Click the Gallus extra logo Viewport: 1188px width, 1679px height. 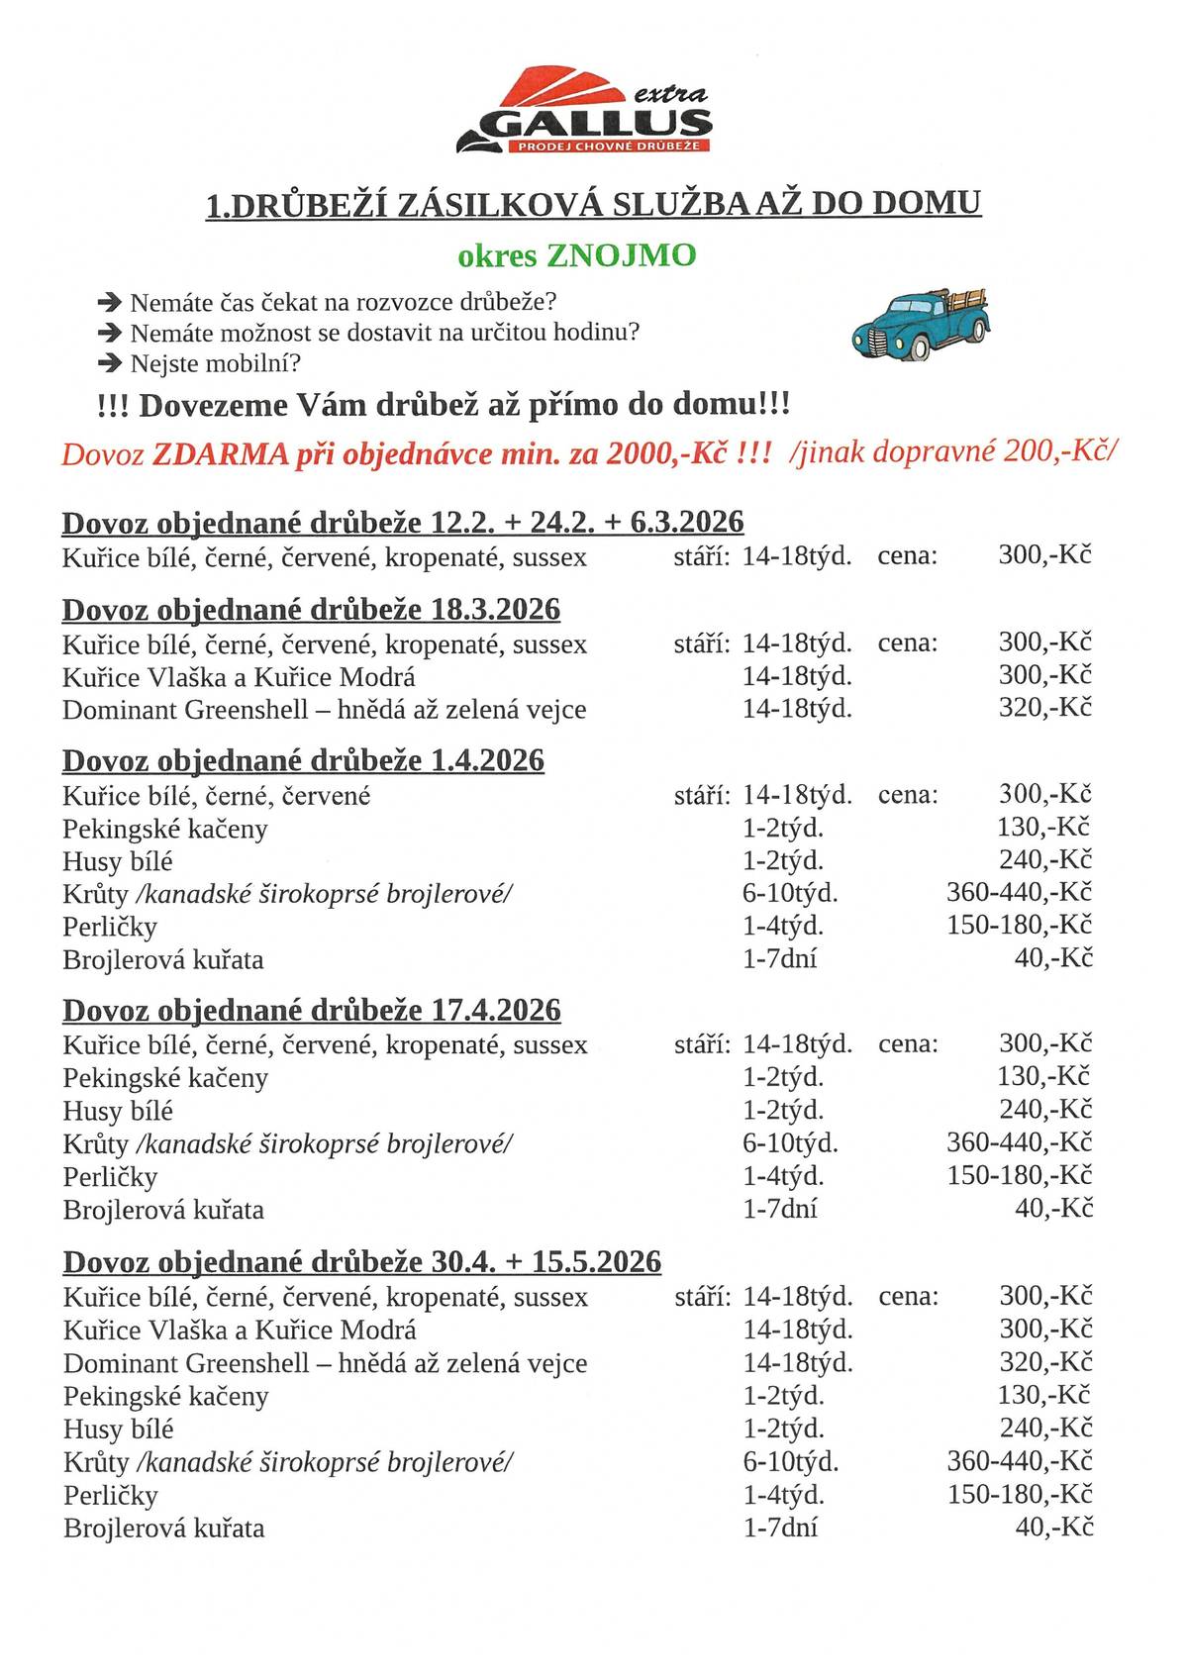click(584, 111)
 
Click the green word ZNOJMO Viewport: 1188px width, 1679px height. click(622, 255)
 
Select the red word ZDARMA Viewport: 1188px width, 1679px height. click(220, 454)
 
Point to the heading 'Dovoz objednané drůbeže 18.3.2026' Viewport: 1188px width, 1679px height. click(311, 609)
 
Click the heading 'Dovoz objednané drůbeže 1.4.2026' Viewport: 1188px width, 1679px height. click(303, 760)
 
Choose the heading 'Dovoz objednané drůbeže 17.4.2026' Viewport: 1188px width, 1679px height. click(311, 1010)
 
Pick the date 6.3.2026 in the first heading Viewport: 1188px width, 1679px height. click(686, 522)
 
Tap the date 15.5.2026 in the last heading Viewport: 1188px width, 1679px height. click(596, 1261)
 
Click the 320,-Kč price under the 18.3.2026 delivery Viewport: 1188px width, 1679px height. click(1044, 708)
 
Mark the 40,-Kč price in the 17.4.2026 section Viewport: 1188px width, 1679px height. click(1053, 1208)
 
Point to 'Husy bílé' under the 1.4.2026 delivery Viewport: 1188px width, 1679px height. click(117, 861)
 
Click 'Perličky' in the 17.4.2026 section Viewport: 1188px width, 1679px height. click(110, 1177)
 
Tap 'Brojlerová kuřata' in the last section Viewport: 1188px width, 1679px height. click(163, 1528)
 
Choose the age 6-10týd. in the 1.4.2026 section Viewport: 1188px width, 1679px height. click(790, 893)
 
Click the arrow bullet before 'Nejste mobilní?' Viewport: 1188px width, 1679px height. click(109, 363)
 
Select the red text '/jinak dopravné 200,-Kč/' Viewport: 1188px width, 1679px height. click(953, 452)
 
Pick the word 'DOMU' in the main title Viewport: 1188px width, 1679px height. click(927, 203)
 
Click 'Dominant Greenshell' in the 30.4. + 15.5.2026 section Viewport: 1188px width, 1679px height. click(186, 1363)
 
